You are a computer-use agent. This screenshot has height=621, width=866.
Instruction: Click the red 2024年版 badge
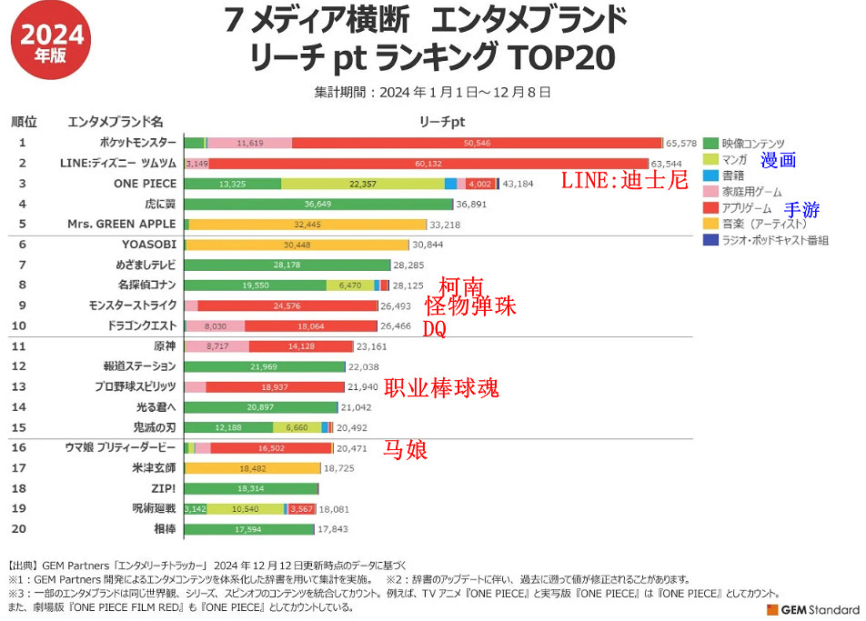click(52, 42)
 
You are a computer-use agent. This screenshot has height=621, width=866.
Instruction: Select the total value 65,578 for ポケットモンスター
click(680, 143)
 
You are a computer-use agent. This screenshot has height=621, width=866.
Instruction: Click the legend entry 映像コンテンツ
click(752, 143)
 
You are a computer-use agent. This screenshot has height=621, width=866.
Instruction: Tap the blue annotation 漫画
click(779, 160)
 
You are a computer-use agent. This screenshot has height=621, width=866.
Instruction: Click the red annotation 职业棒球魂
click(441, 388)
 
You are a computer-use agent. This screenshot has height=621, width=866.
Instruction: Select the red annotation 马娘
click(406, 449)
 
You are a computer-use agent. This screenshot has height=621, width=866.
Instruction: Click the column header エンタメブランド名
click(116, 121)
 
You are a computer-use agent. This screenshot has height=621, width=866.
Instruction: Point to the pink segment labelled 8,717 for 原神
click(216, 346)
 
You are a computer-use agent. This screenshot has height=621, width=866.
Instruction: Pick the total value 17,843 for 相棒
click(332, 528)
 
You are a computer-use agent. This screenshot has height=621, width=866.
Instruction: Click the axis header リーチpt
click(442, 121)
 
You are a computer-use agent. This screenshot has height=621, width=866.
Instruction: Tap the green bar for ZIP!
click(250, 488)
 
